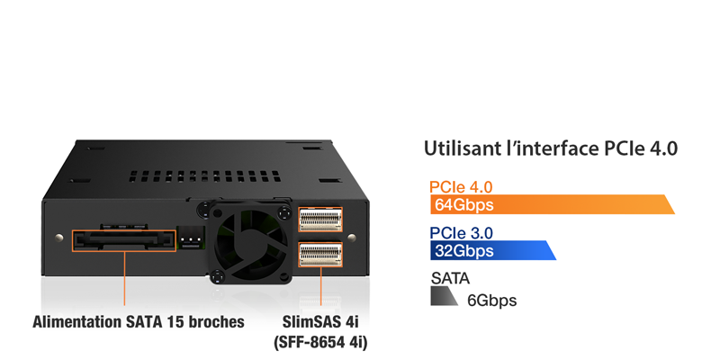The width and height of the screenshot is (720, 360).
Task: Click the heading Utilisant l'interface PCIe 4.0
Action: point(550,148)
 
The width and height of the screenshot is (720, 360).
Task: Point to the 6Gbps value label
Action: point(491,300)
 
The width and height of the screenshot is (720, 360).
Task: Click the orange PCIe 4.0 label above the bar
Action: point(461,186)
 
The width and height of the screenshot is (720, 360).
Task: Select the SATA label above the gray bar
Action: point(451,279)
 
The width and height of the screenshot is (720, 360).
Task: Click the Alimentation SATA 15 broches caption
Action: point(139,321)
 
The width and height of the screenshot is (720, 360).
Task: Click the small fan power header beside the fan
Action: point(191,235)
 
